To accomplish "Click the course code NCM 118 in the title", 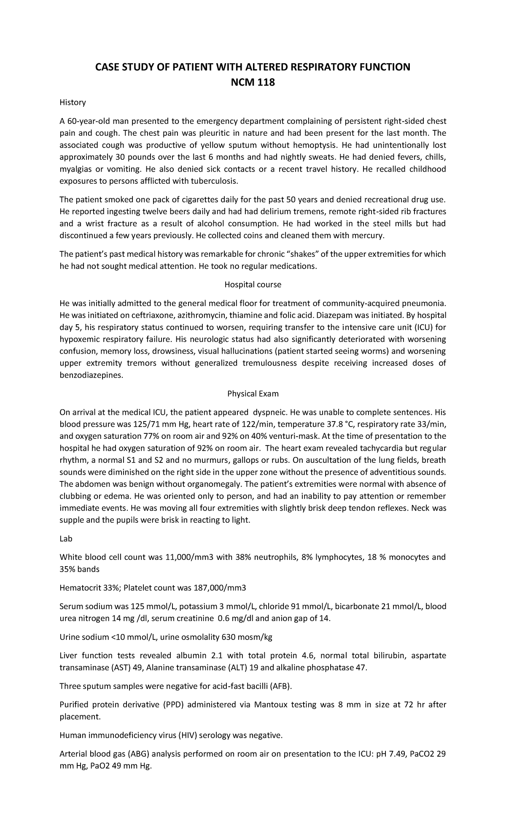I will click(x=253, y=83).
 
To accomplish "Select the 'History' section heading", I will click(x=73, y=102).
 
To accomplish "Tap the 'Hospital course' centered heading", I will click(x=253, y=285).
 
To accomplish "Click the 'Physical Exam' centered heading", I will click(x=253, y=394).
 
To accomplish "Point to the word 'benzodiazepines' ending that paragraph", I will click(x=92, y=376).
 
